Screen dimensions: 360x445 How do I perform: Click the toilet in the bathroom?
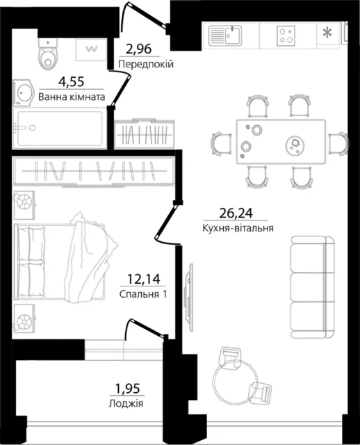[x=48, y=54]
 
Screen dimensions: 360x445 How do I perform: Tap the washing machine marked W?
[x=91, y=49]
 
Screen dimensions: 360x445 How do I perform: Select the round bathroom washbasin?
[x=23, y=92]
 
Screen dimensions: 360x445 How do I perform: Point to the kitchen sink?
[x=225, y=35]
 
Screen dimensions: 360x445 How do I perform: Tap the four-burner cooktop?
[x=286, y=35]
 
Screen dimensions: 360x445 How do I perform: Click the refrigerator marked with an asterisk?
[x=328, y=33]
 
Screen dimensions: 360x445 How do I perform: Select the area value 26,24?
[x=236, y=213]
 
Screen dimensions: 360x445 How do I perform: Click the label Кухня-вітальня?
[x=238, y=228]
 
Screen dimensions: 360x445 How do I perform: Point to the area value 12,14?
[x=144, y=280]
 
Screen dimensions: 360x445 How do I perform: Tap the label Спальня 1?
[x=143, y=294]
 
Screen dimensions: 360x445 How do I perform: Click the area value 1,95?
[x=127, y=389]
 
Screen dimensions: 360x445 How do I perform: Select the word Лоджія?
[x=126, y=403]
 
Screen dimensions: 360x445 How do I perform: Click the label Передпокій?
[x=146, y=65]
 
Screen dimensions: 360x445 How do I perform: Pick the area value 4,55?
[x=71, y=82]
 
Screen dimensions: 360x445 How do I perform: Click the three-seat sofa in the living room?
[x=313, y=287]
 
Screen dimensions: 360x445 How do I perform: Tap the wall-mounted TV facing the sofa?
[x=188, y=292]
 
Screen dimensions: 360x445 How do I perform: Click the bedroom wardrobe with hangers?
[x=95, y=172]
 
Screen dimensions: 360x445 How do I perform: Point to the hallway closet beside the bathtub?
[x=145, y=134]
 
